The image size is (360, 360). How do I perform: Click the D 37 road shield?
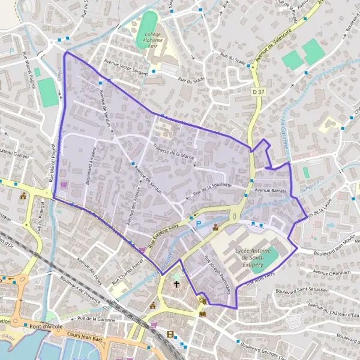[x=258, y=91]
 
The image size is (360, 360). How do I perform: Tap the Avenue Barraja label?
[x=271, y=190]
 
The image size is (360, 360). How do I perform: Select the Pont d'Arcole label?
[x=45, y=327]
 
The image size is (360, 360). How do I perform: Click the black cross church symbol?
[x=176, y=283]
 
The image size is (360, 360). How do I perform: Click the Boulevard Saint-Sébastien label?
[x=302, y=290]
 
